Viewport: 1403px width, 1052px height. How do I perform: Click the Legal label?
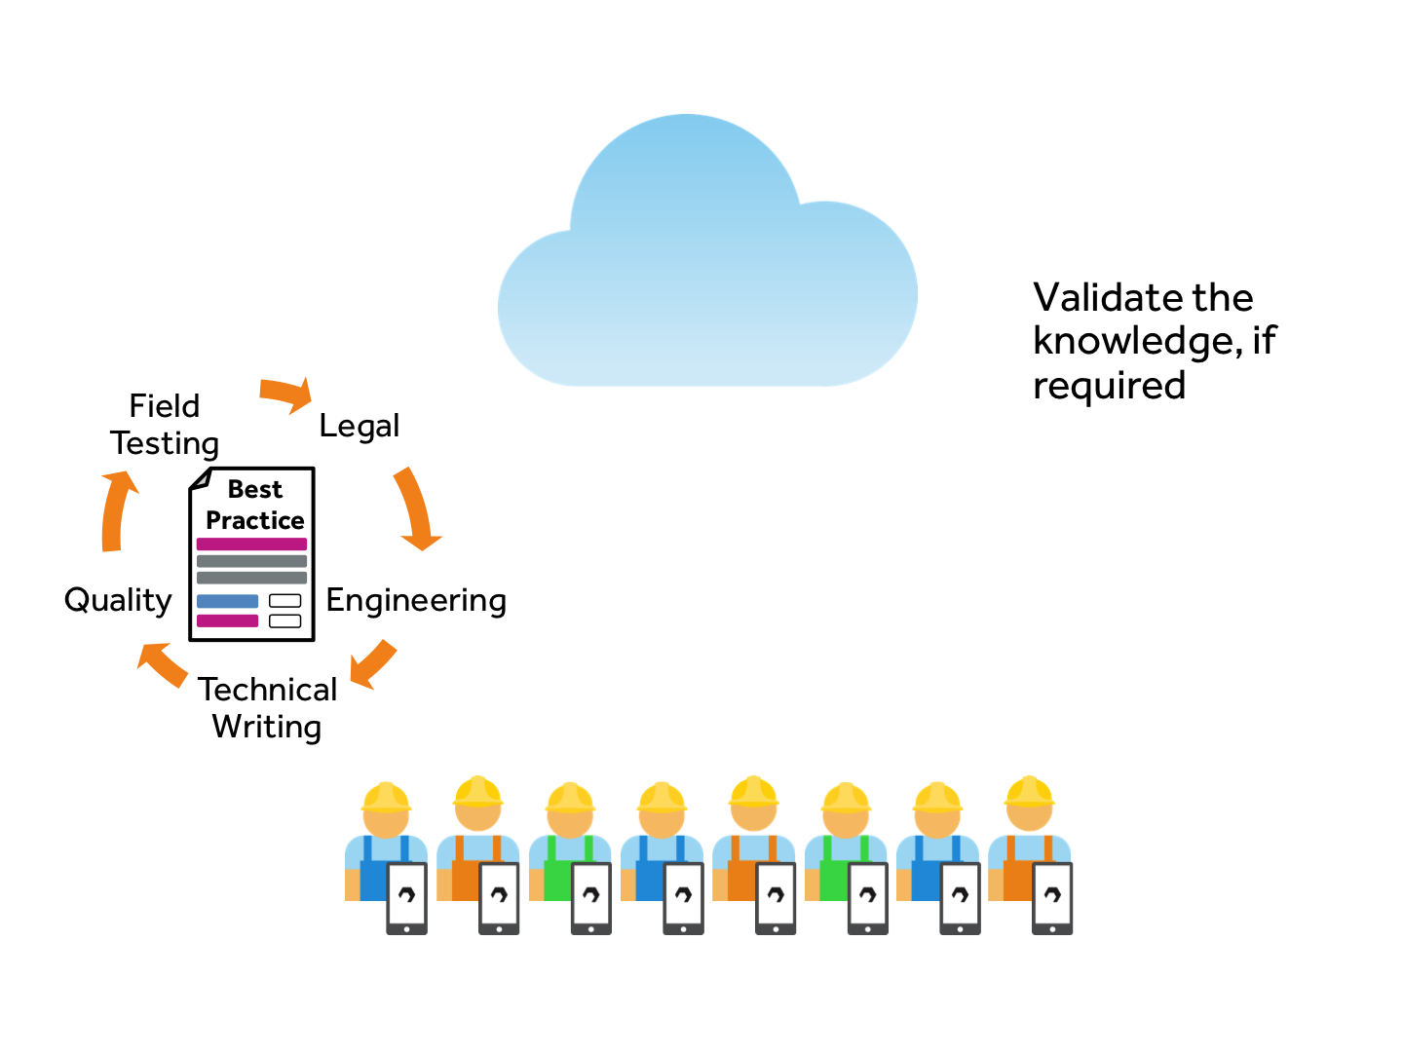[360, 427]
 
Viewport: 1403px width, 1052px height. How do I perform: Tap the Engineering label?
[416, 600]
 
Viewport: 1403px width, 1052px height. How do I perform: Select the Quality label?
[118, 600]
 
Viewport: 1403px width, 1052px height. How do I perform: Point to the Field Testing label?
[165, 425]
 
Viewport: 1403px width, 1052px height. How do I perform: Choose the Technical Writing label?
[267, 708]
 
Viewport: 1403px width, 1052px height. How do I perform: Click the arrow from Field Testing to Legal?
[286, 394]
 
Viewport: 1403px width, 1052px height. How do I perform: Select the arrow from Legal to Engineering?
[416, 509]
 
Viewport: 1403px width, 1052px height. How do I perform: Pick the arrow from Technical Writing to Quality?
[162, 663]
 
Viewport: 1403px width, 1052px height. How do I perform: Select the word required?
[1109, 386]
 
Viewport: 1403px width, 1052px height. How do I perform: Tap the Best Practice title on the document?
[255, 505]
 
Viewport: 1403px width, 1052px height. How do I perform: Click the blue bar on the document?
[228, 601]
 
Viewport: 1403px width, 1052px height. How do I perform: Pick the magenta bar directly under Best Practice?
[251, 544]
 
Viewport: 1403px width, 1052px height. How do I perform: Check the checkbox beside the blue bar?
[284, 601]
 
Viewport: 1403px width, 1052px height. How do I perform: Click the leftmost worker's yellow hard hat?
[386, 797]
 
